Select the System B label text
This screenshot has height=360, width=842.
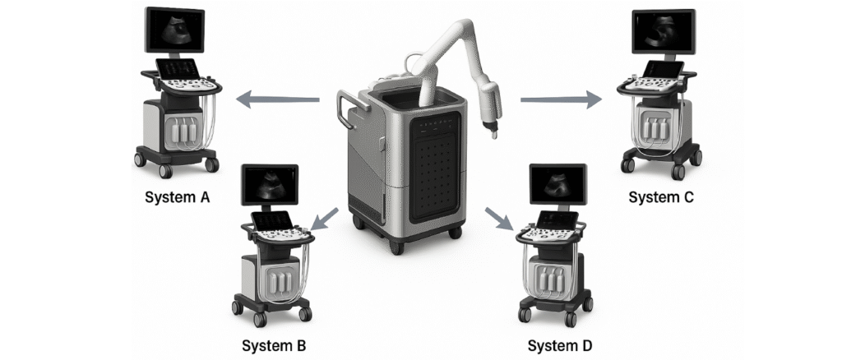[x=274, y=345]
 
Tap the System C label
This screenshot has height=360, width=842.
[x=661, y=197]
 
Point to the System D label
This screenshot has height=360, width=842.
[x=559, y=345]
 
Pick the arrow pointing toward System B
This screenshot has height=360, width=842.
[x=326, y=218]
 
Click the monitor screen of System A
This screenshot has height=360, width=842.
[x=173, y=30]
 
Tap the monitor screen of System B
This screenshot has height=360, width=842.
[x=270, y=185]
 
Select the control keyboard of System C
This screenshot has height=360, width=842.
[x=654, y=82]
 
